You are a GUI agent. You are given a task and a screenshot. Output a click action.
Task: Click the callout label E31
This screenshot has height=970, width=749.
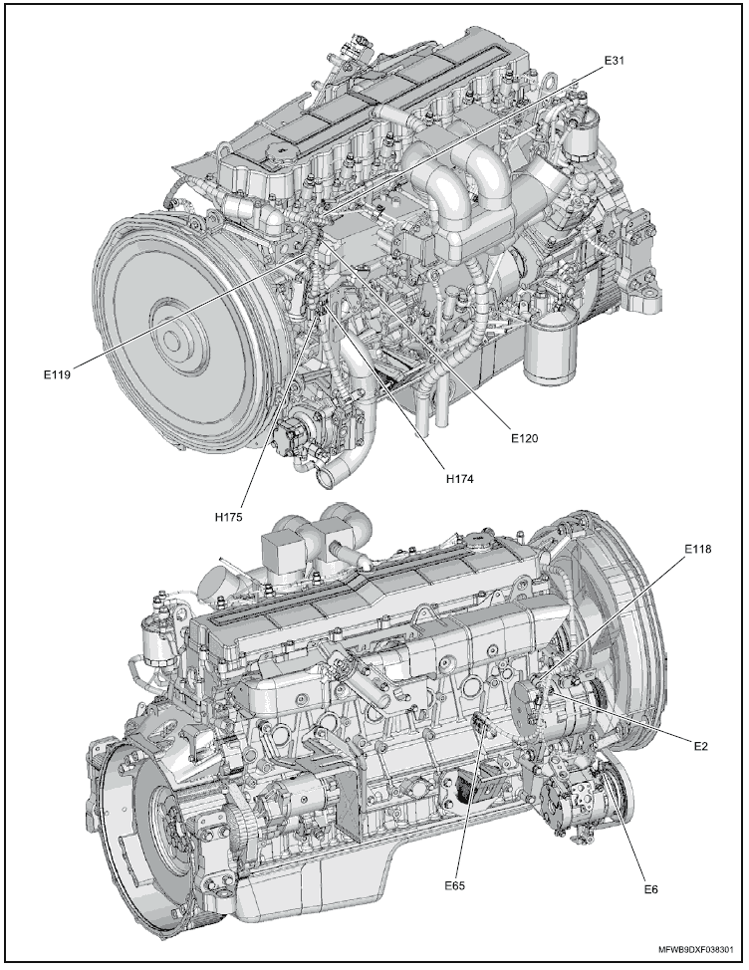(x=615, y=61)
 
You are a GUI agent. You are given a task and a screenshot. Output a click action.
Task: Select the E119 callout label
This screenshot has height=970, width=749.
(x=59, y=373)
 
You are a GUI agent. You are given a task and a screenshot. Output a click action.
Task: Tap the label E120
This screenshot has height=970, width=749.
(x=524, y=436)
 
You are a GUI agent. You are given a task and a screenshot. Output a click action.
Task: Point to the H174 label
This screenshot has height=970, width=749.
(x=459, y=478)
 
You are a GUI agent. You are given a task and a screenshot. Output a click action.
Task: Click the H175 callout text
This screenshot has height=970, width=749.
(x=230, y=517)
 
